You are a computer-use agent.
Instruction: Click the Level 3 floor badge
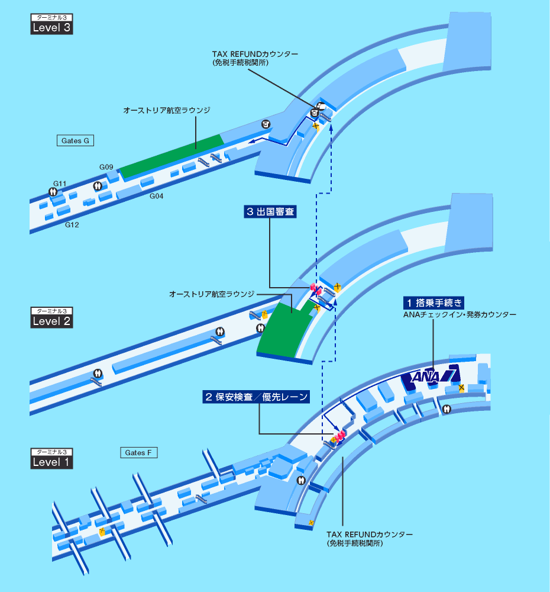click(51, 27)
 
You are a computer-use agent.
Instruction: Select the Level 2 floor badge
click(51, 320)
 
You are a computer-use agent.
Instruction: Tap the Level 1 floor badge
click(51, 461)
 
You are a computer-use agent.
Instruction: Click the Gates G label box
click(75, 141)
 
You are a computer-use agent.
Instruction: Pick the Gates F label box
click(138, 453)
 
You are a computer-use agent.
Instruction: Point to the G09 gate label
click(106, 168)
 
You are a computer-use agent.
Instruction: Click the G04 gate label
click(156, 196)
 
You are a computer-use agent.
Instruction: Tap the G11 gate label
click(60, 184)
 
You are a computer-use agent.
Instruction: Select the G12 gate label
click(72, 225)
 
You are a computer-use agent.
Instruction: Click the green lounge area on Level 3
click(172, 156)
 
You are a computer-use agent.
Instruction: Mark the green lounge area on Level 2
click(286, 332)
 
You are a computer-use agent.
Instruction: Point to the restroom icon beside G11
click(53, 192)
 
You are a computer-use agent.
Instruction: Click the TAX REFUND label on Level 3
click(255, 54)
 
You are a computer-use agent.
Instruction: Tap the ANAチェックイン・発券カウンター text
click(460, 314)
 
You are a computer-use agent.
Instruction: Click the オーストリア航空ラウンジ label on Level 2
click(211, 294)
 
